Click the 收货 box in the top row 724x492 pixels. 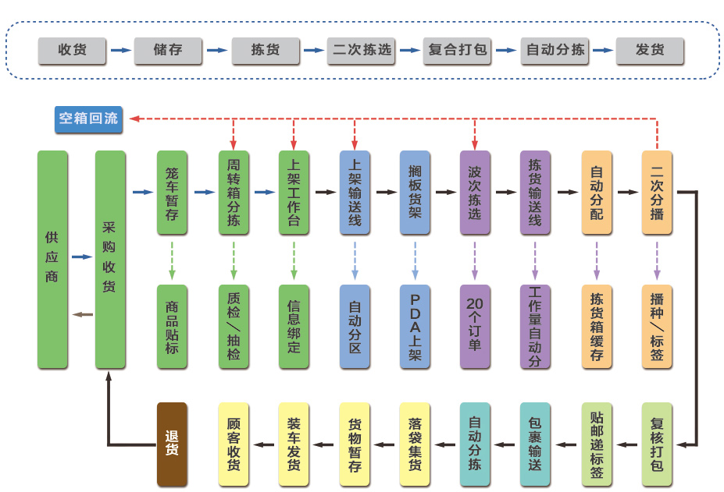[73, 51]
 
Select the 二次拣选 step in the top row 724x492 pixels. [362, 51]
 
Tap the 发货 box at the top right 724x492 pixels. [650, 51]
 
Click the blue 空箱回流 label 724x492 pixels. [88, 119]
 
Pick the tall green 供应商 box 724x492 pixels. [52, 260]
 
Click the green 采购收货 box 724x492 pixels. [110, 260]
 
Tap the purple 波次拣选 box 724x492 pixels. [475, 192]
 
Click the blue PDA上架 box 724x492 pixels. [415, 327]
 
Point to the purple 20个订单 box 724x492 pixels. [475, 327]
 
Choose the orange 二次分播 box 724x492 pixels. [657, 192]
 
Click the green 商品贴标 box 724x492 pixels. [172, 327]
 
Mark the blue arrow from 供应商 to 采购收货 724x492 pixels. [81, 257]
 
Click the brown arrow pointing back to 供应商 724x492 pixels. [81, 314]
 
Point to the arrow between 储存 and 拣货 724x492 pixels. [218, 51]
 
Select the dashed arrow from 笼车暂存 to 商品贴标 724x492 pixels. [172, 260]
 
